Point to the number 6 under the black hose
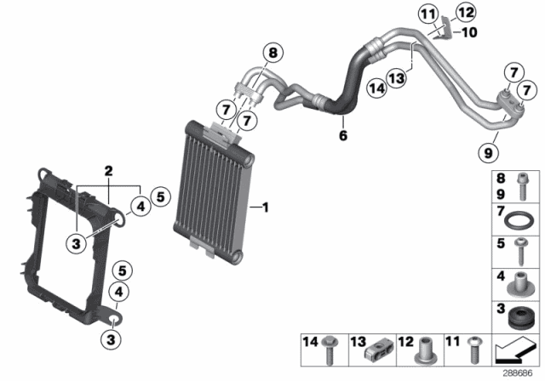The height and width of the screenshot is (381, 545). point(342,134)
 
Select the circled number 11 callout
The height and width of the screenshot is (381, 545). point(427,14)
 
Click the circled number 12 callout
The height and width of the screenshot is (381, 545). point(464,12)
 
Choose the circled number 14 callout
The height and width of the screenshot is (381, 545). point(377,85)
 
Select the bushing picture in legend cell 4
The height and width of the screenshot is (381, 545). point(519,282)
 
